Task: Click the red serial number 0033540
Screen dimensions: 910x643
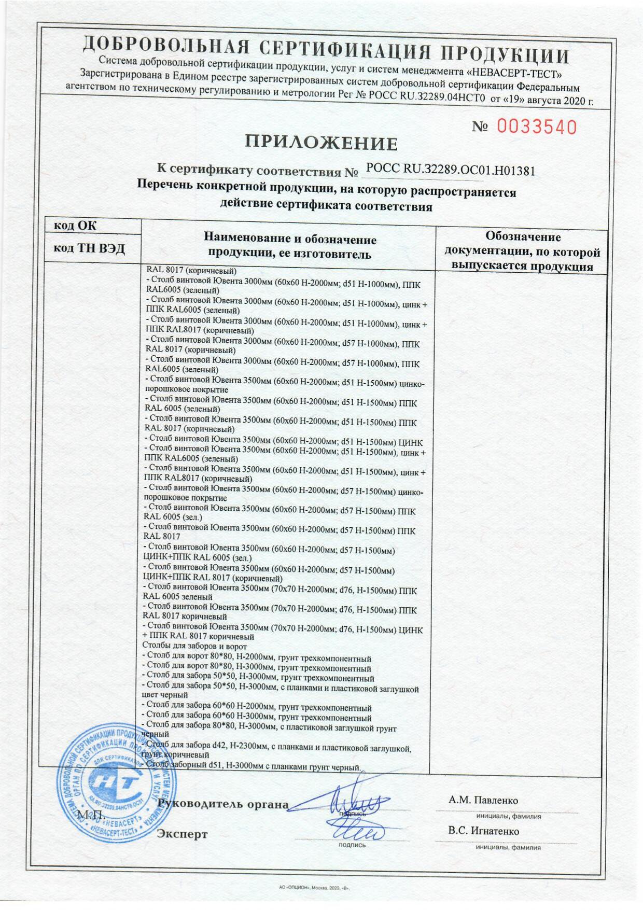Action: [537, 127]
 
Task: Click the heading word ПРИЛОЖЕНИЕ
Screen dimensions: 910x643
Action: [321, 143]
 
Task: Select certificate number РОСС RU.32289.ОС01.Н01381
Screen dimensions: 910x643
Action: [450, 170]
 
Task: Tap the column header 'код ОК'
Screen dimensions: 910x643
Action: [76, 226]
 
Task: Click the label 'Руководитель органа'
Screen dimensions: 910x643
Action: [223, 804]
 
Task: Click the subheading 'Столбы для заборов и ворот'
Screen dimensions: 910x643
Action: [194, 647]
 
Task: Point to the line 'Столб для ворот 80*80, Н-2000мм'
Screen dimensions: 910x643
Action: [257, 659]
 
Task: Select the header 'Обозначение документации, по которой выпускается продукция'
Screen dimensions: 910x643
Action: [522, 252]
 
